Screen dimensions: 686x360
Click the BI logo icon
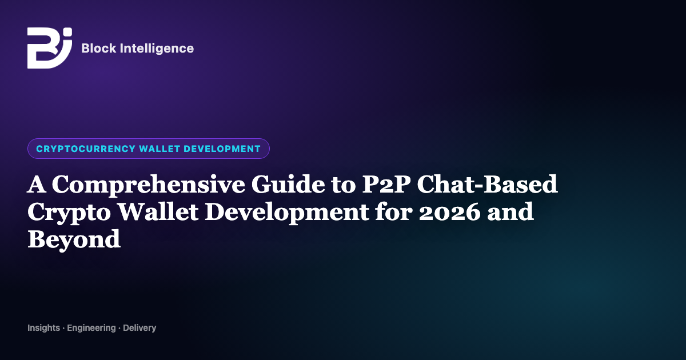point(50,48)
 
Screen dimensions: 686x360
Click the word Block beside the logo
point(98,49)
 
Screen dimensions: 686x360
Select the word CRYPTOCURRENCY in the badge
point(86,149)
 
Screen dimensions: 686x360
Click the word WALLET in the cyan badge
point(159,149)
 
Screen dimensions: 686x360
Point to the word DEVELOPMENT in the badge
point(222,149)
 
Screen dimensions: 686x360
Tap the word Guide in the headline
point(288,184)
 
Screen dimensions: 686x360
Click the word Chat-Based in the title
point(487,184)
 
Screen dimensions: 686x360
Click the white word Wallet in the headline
point(158,212)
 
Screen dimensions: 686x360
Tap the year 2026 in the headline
point(449,212)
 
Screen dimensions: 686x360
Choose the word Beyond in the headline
point(74,240)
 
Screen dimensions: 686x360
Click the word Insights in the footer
point(44,328)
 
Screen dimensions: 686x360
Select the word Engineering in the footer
point(91,328)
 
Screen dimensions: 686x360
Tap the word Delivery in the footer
point(139,328)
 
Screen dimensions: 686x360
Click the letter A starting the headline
point(37,184)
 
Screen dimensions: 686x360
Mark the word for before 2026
point(394,212)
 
